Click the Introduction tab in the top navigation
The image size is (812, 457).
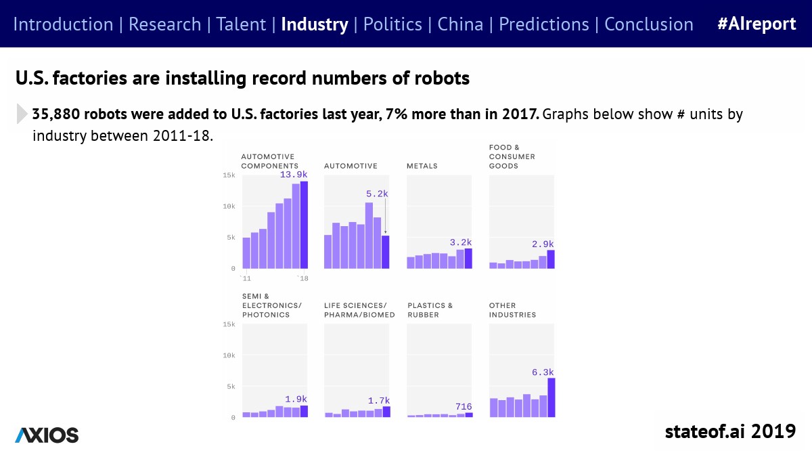63,24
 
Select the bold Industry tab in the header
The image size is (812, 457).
314,24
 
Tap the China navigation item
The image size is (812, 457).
460,24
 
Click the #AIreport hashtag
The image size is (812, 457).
757,24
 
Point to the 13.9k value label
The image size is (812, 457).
294,175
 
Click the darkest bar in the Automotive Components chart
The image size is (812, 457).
304,225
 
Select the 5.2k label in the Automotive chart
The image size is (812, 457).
378,194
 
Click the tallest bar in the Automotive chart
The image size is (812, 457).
369,235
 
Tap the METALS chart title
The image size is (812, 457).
422,166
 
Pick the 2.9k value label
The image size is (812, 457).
543,244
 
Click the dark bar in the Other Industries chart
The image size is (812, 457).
551,397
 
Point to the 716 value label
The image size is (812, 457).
464,406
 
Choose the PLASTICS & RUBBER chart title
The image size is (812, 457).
430,310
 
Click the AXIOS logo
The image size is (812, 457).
47,435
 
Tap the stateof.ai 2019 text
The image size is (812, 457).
730,431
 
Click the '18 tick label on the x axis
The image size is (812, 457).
303,278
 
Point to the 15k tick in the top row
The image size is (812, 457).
229,175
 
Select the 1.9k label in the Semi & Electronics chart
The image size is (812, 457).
296,399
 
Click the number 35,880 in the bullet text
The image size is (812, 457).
59,114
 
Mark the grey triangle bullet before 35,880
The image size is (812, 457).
22,114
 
